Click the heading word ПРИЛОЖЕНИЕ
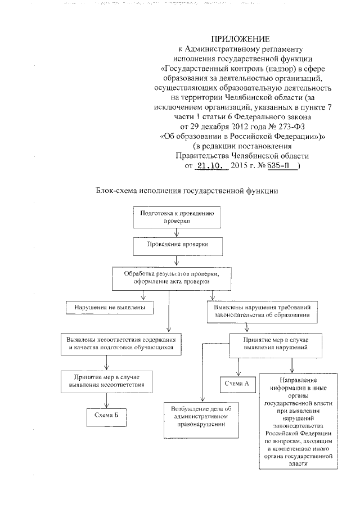232,39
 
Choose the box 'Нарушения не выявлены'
106,308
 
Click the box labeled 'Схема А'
237,384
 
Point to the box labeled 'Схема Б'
106,416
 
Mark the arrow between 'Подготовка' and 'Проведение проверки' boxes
177,232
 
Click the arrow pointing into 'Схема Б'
106,400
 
